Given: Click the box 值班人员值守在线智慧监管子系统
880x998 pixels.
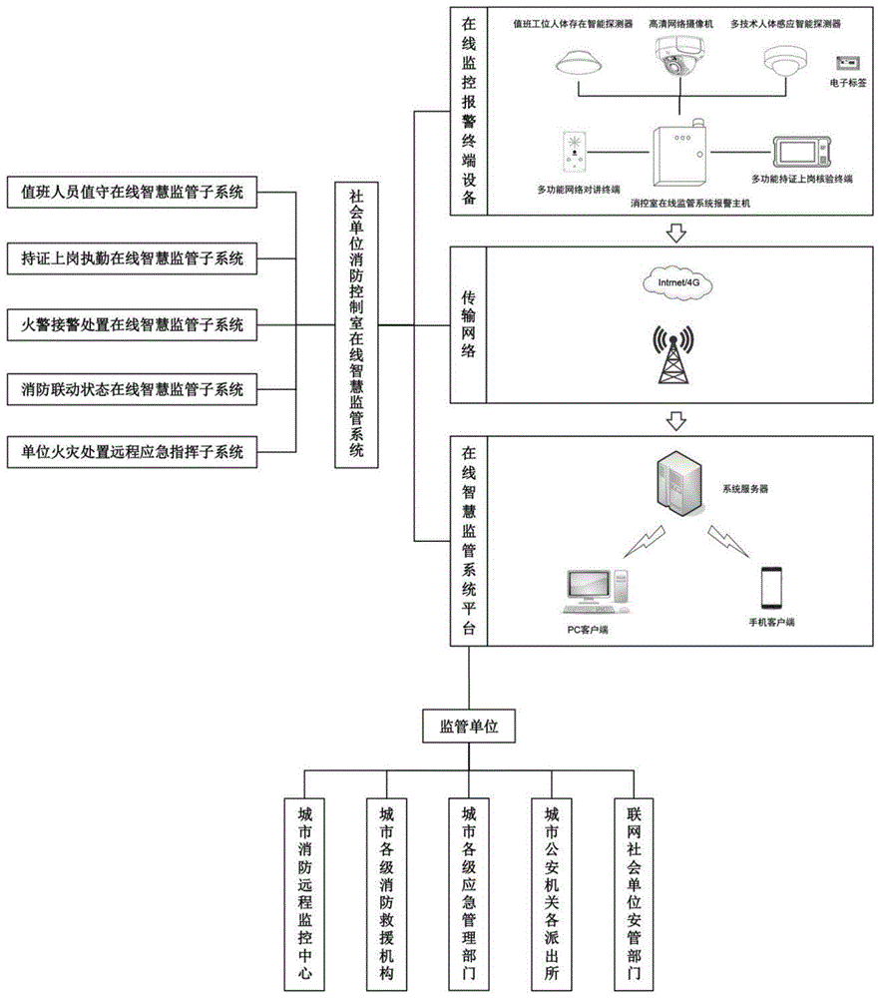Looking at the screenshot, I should click(x=132, y=192).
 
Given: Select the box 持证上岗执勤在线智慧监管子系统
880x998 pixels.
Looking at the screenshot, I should click(x=132, y=257).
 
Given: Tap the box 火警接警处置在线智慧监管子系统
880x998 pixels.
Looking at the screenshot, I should click(x=132, y=323).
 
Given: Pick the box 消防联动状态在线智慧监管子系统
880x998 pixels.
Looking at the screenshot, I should click(x=132, y=388).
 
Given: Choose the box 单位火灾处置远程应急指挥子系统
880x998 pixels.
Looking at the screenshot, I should click(x=132, y=452).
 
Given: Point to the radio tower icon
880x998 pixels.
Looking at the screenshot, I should click(x=669, y=355).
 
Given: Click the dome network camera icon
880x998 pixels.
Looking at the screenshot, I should click(x=677, y=61).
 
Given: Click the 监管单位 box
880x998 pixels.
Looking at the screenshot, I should click(x=469, y=729).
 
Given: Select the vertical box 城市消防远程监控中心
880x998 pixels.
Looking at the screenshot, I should click(x=305, y=890).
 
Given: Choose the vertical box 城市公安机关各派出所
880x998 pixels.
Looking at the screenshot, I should click(x=552, y=890).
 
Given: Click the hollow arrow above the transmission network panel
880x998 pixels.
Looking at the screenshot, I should click(x=676, y=233).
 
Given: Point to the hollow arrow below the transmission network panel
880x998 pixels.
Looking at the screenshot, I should click(x=676, y=418).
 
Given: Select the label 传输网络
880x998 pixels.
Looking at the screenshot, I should click(x=468, y=324).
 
